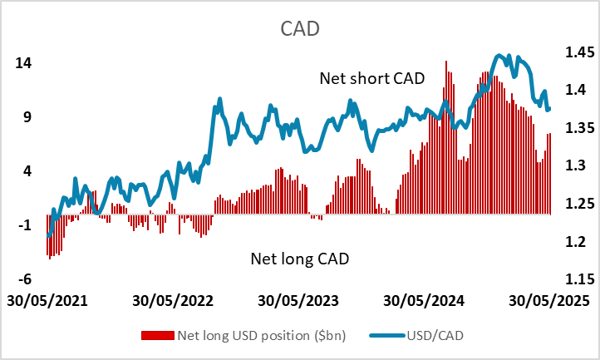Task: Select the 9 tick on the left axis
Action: pos(27,117)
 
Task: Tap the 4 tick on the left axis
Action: pos(27,171)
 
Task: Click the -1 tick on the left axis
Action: pos(24,225)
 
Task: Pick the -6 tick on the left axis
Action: pos(24,279)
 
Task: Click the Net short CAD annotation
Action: pos(371,78)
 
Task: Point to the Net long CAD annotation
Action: pos(299,259)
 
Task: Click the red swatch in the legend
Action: pos(159,336)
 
